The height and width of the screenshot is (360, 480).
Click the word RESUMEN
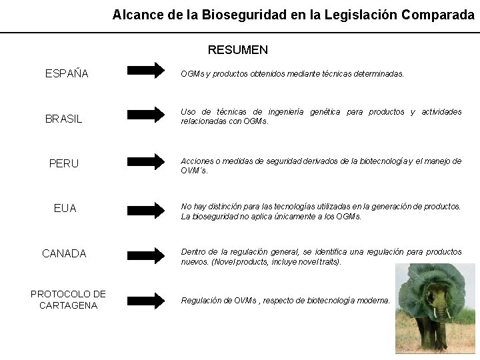237,50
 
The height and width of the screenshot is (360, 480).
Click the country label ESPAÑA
67,73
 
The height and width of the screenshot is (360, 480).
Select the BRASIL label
64,119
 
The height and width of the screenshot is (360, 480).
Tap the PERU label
64,163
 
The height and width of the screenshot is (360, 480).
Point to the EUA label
65,209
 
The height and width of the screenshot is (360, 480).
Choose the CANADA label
64,254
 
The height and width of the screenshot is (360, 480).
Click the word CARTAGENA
68,305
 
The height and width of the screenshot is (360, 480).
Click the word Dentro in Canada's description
193,252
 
